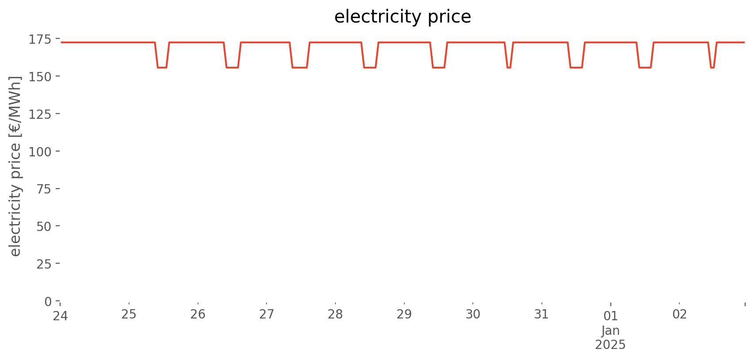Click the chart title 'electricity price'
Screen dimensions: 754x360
[402, 17]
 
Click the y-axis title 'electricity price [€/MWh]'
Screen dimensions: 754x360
[15, 166]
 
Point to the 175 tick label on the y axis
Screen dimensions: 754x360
[40, 40]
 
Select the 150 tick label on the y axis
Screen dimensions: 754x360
[40, 77]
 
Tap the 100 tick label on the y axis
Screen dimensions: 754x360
[40, 152]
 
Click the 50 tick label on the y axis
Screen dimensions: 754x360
[44, 227]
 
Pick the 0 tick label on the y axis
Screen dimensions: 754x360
[48, 302]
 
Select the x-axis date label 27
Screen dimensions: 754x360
[267, 314]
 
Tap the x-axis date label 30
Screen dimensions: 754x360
[473, 314]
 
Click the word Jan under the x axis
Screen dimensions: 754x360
[611, 331]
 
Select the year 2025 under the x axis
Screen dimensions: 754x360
[611, 345]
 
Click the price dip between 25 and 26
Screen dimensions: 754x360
[162, 68]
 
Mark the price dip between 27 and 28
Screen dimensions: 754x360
[300, 68]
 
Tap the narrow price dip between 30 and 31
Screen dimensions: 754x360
[509, 68]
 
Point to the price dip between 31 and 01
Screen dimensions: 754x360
[576, 68]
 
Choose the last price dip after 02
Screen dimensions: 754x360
[712, 68]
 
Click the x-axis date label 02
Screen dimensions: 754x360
[679, 314]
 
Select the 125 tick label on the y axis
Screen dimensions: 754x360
[40, 115]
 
